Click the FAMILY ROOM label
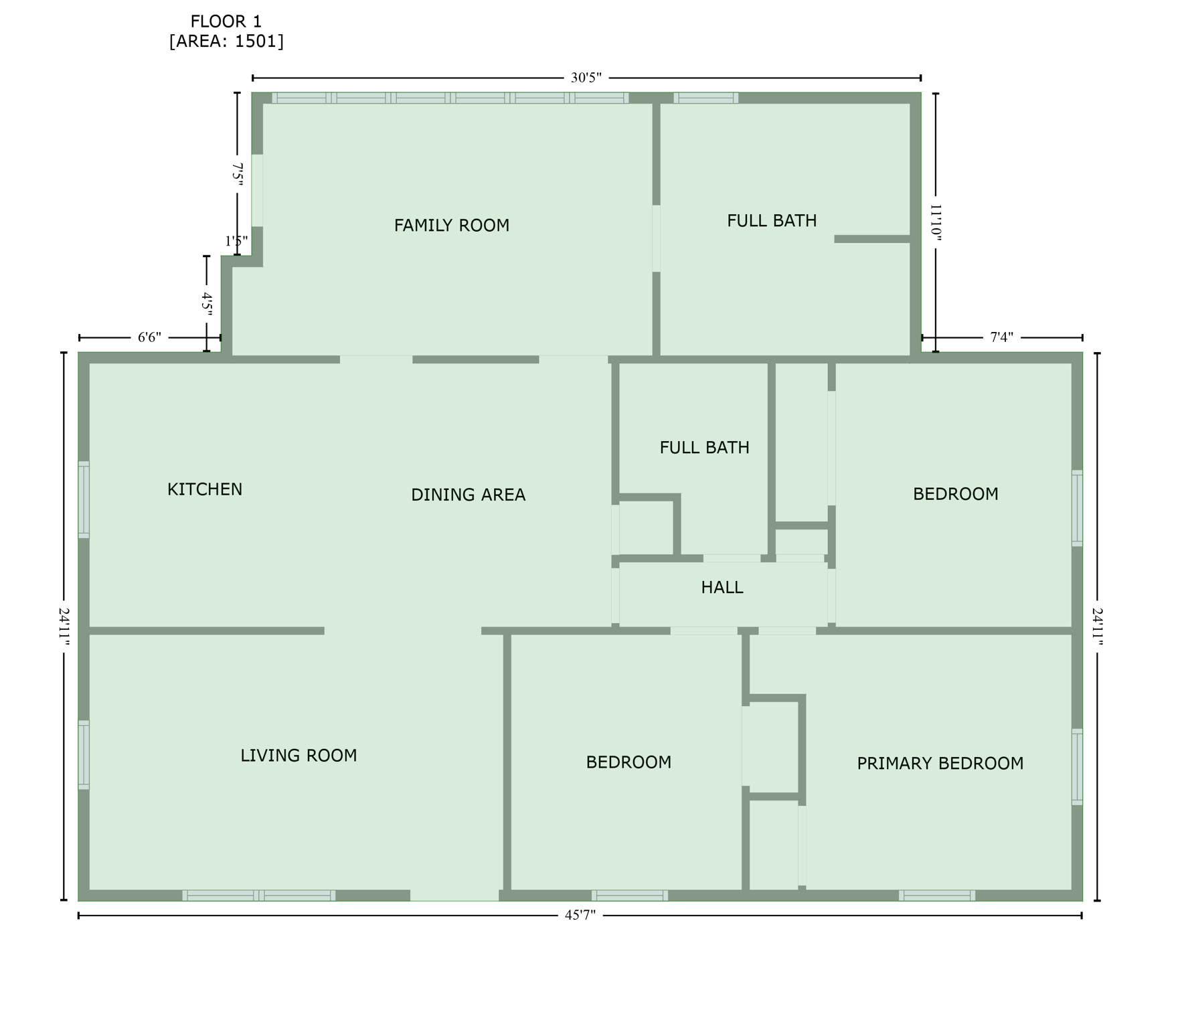pos(451,226)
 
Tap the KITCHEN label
pos(205,489)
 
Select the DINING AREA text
pos(468,495)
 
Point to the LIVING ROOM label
pos(299,756)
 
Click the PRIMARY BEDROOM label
pos(940,764)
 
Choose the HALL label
pos(722,588)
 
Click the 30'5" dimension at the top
pos(586,78)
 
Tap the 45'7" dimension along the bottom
pos(580,915)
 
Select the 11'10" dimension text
pos(935,223)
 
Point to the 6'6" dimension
pos(149,337)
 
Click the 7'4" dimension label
pos(1001,337)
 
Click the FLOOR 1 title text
pos(226,21)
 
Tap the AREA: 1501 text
pos(226,41)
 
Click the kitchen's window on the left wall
pos(84,499)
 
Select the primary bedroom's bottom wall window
pos(936,895)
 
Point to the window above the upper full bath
pos(705,98)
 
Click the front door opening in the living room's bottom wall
pos(454,895)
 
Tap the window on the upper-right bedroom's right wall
pos(1077,508)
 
